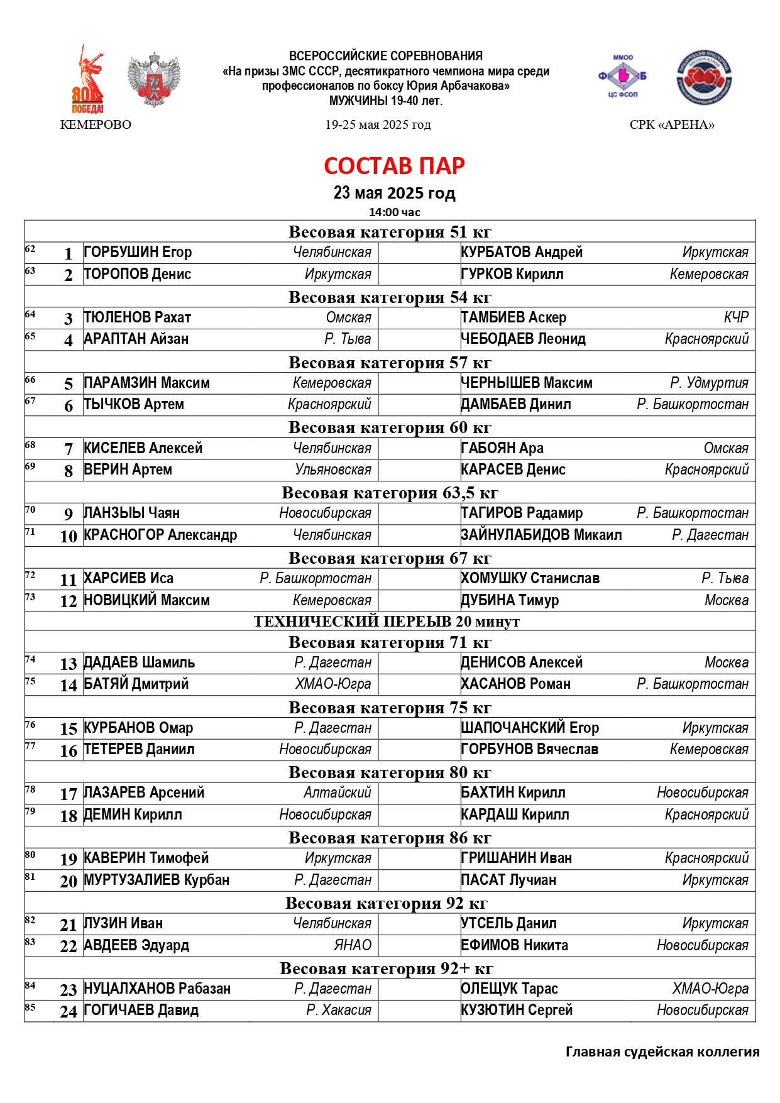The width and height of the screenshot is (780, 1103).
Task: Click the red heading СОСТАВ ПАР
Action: coord(394,166)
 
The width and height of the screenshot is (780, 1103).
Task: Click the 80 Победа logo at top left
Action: coord(88,80)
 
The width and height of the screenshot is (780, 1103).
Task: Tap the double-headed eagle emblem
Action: coord(153,80)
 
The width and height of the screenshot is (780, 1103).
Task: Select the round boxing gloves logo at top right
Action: coord(705,78)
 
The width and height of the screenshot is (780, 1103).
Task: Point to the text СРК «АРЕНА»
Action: coord(672,124)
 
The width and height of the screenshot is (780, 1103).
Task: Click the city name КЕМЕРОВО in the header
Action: coord(96,124)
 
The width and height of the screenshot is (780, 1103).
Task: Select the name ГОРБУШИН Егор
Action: coord(138,253)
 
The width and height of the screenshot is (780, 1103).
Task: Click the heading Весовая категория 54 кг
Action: coord(390,297)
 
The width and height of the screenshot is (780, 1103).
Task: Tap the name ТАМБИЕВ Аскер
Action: coord(514,318)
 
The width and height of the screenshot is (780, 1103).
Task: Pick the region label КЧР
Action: coord(735,318)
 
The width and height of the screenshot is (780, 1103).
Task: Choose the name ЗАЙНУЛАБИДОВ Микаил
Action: coord(541,535)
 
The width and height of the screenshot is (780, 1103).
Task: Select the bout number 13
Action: coord(69,664)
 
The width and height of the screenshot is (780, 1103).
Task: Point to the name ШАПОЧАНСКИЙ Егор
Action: coord(530,728)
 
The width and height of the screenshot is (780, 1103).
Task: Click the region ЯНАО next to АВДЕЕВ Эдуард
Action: coord(353,946)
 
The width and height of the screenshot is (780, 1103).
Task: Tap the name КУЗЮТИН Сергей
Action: coord(517,1011)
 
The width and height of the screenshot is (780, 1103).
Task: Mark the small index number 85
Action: coord(30,1007)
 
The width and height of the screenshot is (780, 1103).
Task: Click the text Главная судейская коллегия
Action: coord(662,1052)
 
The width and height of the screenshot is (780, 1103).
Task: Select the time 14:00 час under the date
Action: coord(394,212)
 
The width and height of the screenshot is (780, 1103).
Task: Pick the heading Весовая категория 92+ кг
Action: coord(387,969)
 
